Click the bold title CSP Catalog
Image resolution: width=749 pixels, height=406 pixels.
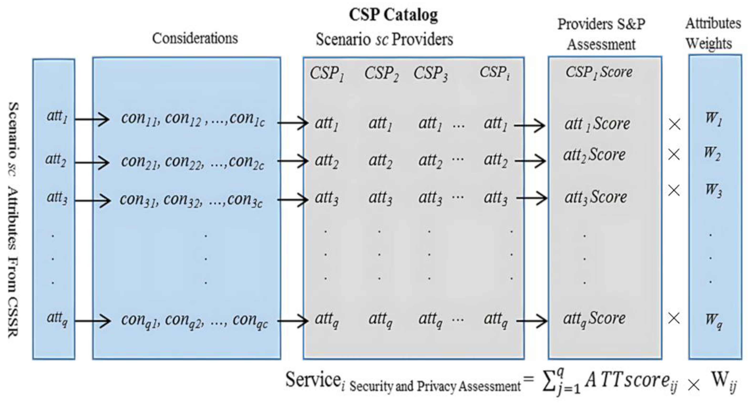click(393, 15)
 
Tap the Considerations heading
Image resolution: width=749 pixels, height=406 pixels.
click(195, 38)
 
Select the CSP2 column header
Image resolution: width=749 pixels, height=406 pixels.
click(381, 74)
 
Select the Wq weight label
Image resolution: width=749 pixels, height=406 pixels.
click(713, 320)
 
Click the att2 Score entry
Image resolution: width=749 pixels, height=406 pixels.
click(594, 155)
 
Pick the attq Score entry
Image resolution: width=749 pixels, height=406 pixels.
click(594, 319)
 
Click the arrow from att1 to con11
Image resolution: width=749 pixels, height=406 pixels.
click(92, 119)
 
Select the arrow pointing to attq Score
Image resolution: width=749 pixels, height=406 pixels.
click(532, 321)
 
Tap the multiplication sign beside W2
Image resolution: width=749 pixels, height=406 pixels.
click(674, 154)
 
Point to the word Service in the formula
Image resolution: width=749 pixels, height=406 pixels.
click(313, 380)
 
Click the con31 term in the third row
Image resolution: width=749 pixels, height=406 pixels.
click(139, 200)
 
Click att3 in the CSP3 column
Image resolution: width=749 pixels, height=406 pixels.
click(430, 198)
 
